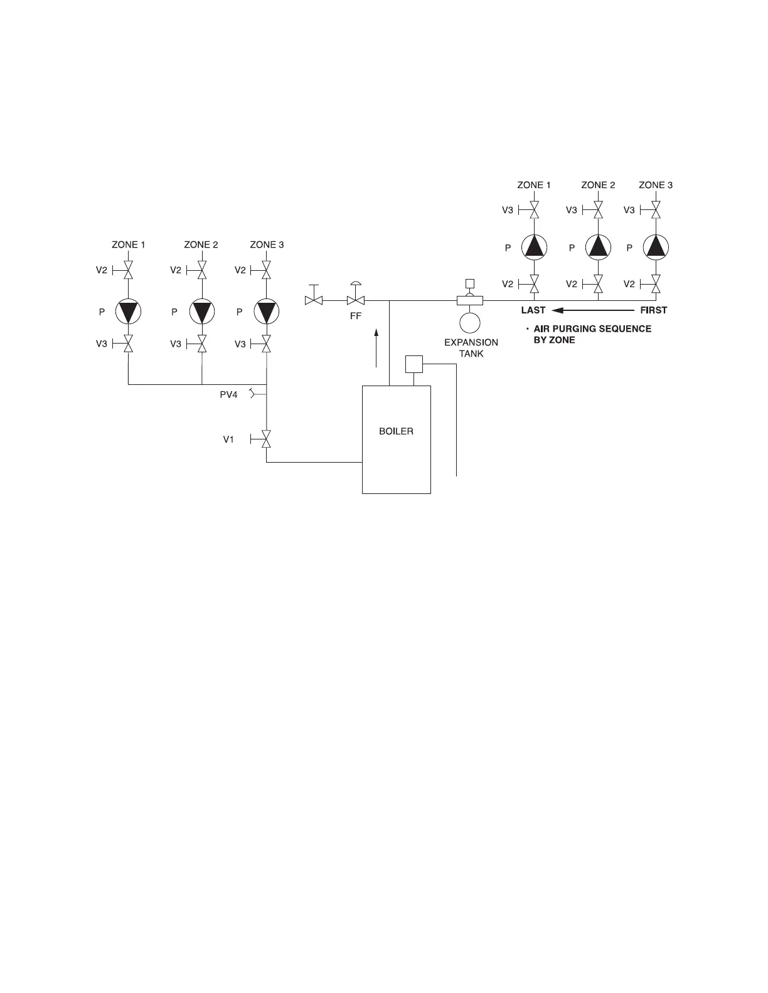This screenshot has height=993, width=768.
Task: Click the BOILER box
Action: [397, 439]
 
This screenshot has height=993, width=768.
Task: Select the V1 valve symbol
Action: [267, 439]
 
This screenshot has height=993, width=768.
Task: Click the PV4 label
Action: [228, 394]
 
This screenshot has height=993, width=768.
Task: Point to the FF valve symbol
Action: [356, 301]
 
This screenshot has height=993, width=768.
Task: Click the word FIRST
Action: [653, 310]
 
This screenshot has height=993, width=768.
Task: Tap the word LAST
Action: [533, 310]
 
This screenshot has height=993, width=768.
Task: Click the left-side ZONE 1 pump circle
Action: [128, 312]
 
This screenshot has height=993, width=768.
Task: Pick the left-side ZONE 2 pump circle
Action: [201, 312]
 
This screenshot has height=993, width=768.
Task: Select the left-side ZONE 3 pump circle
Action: [267, 312]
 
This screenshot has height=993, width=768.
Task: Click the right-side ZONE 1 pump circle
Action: [534, 248]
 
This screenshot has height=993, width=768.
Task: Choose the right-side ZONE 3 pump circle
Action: [656, 248]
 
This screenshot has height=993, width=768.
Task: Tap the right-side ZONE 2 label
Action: [598, 185]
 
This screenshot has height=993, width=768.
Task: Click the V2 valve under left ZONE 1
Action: [128, 271]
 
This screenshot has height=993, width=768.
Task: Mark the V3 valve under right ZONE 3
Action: [656, 210]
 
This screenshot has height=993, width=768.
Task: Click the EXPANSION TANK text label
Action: [471, 348]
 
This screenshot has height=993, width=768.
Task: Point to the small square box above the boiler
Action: [413, 364]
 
